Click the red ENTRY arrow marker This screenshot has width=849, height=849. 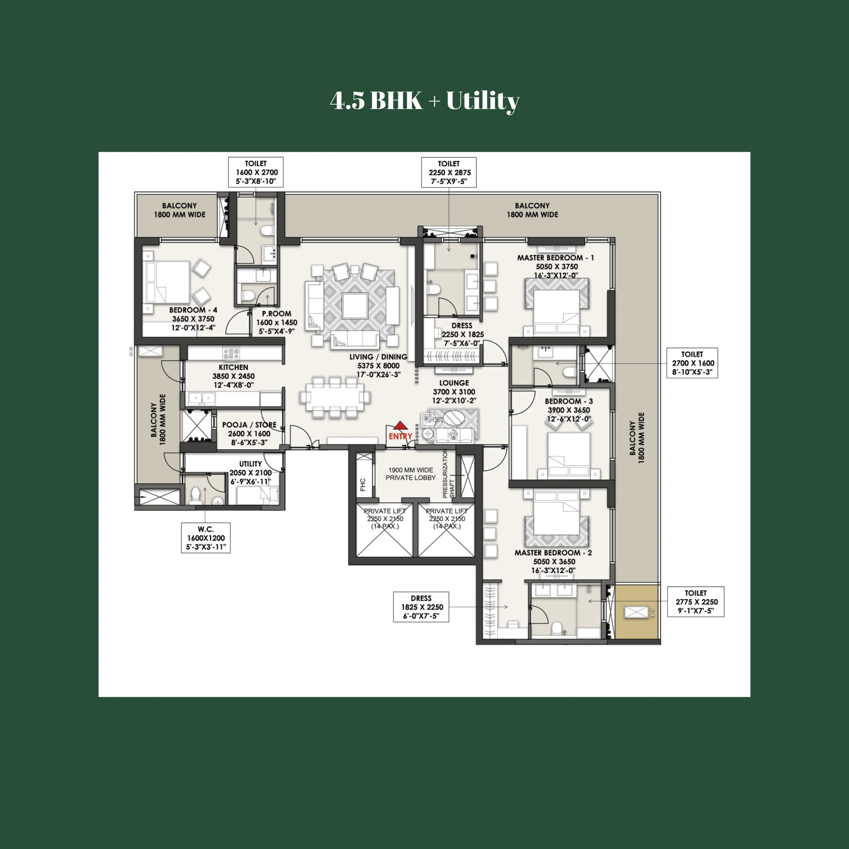pos(400,425)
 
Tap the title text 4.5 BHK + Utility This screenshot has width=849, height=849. pos(424,101)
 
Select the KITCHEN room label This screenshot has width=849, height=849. pos(233,376)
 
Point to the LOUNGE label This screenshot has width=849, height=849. pos(454,391)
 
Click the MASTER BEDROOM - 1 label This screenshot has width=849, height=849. pos(555,266)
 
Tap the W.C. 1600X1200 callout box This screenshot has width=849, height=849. pos(206,538)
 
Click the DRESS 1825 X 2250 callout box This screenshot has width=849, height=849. pos(421,607)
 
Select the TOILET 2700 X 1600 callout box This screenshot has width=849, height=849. pos(692,363)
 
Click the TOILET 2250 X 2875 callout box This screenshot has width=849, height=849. pos(449,172)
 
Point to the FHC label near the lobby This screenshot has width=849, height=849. pos(363,485)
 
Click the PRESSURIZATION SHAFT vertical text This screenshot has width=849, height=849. pos(448,474)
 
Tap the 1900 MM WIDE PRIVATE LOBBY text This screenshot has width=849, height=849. pos(410,474)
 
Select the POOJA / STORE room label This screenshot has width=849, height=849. pos(249,433)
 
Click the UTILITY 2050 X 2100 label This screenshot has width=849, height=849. pos(250,473)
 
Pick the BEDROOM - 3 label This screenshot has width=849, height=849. pos(569,410)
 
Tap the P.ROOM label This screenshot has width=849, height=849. pos(277,322)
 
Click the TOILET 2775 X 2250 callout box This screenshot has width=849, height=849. pos(696,602)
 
